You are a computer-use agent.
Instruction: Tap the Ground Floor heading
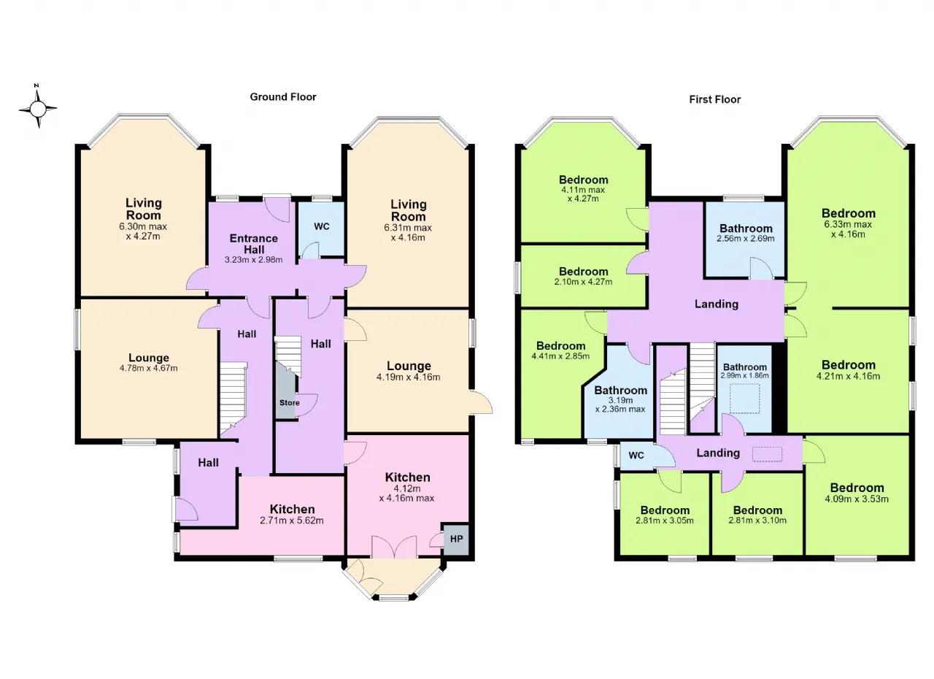[x=283, y=97]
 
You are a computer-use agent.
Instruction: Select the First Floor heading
[x=714, y=100]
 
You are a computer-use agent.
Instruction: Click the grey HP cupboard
[x=456, y=539]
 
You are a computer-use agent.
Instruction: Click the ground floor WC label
[x=322, y=226]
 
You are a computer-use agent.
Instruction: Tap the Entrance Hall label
[x=253, y=244]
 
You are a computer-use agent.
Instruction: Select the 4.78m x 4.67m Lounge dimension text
[x=148, y=368]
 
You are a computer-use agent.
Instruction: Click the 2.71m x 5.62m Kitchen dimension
[x=291, y=521]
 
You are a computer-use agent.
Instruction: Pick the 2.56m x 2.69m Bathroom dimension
[x=746, y=239]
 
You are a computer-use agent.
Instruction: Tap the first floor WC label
[x=636, y=456]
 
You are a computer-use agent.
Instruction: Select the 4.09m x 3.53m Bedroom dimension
[x=857, y=499]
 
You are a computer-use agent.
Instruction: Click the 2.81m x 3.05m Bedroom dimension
[x=665, y=521]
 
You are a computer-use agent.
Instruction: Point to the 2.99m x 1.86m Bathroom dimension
[x=745, y=375]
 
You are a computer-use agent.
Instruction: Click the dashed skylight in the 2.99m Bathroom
[x=745, y=399]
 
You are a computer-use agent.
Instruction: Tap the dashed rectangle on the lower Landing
[x=767, y=455]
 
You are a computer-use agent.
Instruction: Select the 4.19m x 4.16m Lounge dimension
[x=408, y=377]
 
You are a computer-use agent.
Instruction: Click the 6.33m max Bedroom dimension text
[x=848, y=229]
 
